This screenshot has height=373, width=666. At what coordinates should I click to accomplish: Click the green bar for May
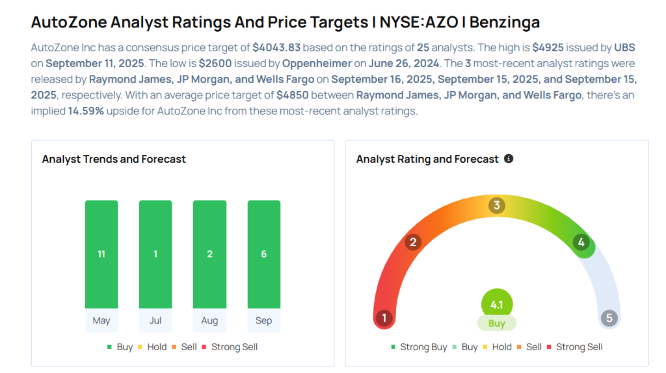point(101,254)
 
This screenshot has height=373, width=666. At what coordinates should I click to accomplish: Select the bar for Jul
point(155,254)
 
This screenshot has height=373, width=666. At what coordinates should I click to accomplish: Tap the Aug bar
point(209,254)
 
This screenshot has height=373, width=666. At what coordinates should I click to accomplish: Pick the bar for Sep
point(263,254)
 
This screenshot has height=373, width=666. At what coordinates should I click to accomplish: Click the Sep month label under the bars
point(263,320)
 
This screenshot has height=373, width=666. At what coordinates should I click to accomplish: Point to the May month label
point(101,320)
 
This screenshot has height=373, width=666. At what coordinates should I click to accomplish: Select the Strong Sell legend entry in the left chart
point(233,347)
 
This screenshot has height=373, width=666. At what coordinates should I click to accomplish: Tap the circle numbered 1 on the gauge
point(384,318)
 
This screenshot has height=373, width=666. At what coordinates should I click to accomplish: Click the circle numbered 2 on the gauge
point(412,243)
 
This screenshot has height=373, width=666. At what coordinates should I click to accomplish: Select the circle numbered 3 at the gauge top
point(496,206)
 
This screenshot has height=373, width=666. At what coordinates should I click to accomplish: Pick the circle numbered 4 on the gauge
point(581,243)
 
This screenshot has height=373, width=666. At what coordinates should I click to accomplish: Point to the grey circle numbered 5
point(609,318)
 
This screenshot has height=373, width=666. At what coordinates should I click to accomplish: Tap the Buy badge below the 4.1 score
point(496,324)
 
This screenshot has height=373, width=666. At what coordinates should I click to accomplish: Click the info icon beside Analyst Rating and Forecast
point(509,159)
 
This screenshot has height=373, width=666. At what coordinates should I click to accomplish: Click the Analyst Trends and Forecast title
point(114,159)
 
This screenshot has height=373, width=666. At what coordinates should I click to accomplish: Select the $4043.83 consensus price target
point(276,48)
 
